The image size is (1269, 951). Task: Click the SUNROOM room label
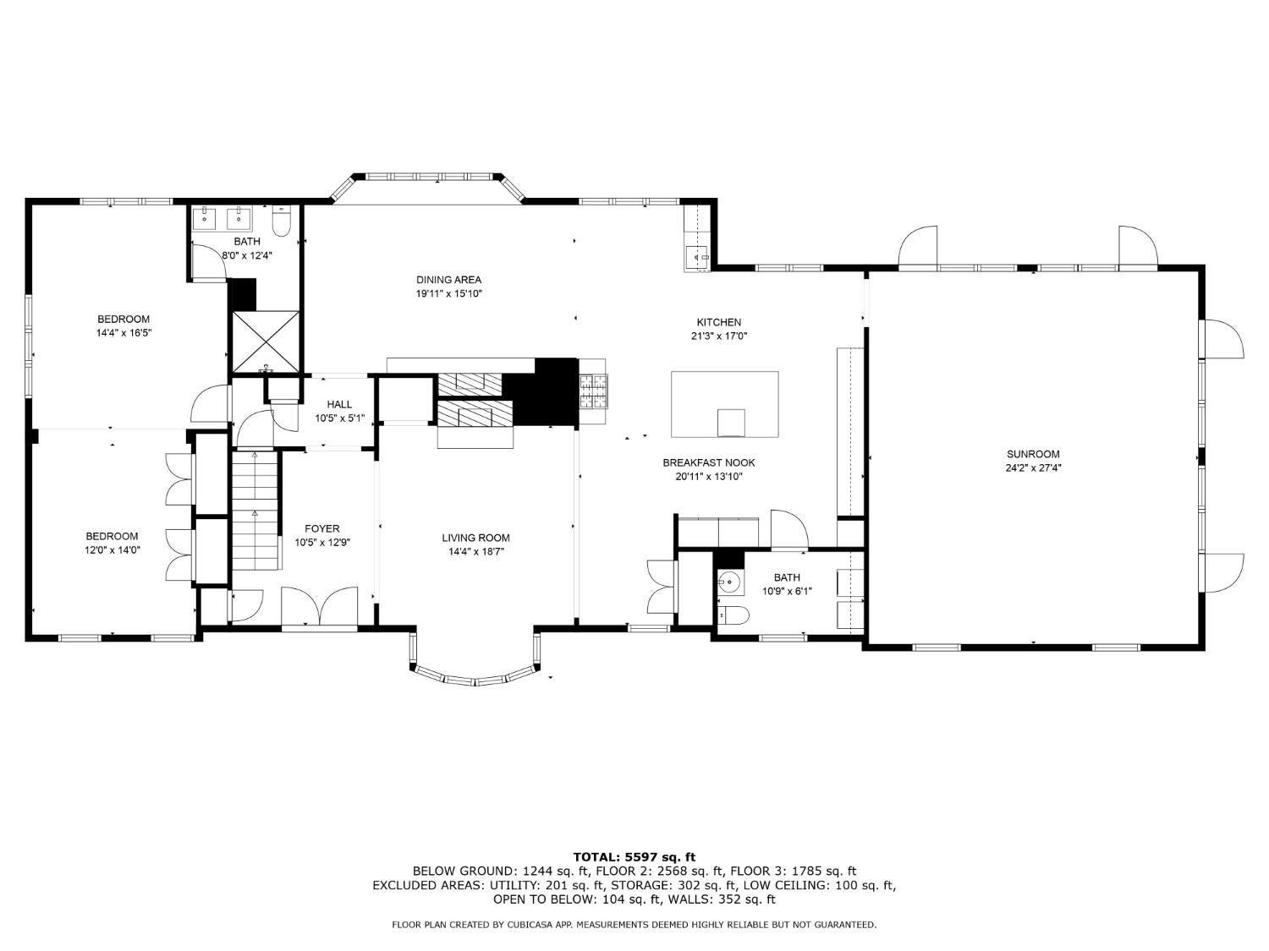[x=1033, y=454]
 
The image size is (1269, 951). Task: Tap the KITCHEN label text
[x=718, y=322]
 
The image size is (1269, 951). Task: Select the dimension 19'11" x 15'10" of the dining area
[x=448, y=294]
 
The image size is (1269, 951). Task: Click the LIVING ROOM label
[x=475, y=538]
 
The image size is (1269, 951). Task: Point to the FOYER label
[x=322, y=529]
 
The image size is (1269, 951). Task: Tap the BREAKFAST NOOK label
[x=708, y=462]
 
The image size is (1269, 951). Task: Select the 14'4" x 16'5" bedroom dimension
[x=124, y=333]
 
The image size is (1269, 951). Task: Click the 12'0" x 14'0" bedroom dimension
[x=112, y=550]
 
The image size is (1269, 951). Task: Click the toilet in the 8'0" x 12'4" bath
[x=282, y=221]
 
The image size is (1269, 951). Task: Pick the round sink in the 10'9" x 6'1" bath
[x=729, y=582]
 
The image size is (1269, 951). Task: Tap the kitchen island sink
[x=731, y=421]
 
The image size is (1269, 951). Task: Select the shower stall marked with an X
[x=266, y=341]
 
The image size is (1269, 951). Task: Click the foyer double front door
[x=319, y=606]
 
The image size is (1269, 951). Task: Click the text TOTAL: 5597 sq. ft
[x=634, y=857]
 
